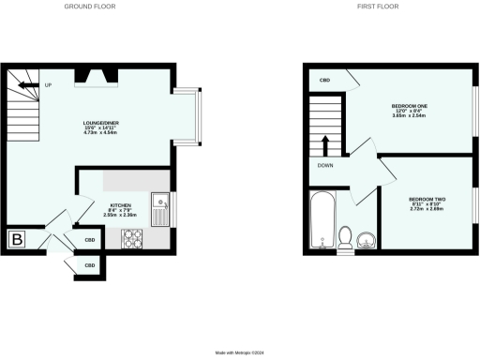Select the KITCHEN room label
point(120,205)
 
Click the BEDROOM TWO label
point(427,199)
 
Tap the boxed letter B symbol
point(16,240)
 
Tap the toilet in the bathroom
point(345,238)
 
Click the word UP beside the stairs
point(47,86)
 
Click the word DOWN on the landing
point(325,166)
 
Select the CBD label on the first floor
point(324,80)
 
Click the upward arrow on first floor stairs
point(325,144)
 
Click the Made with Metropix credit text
point(240,352)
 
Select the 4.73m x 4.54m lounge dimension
point(96,133)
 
